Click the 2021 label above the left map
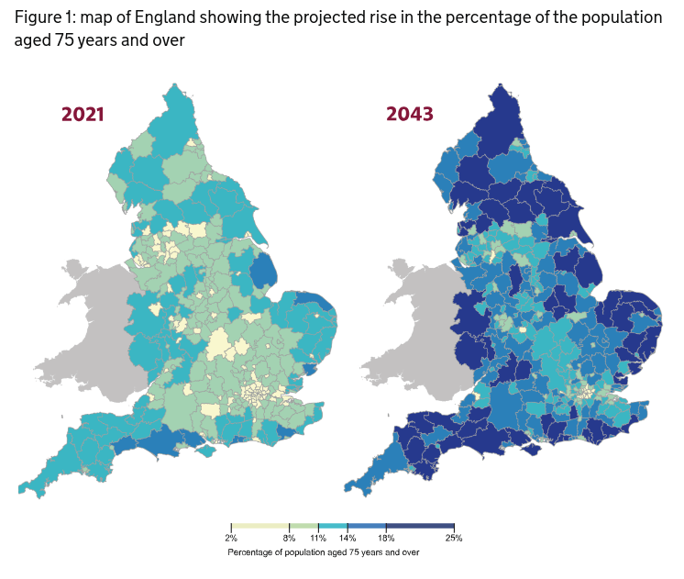[83, 115]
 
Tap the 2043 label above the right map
[410, 115]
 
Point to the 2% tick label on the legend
[231, 538]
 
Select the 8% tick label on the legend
[290, 538]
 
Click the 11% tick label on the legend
[318, 538]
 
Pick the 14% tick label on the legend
[348, 538]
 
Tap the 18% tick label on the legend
[386, 538]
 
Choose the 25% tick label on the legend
[454, 538]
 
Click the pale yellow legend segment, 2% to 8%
[260, 526]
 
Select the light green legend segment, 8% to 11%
[303, 526]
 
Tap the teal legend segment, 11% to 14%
[333, 526]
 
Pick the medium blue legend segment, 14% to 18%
[367, 526]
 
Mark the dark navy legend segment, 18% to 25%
[420, 526]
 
